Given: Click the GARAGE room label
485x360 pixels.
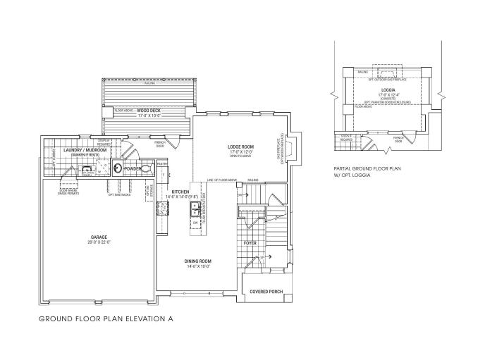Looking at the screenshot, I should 99,237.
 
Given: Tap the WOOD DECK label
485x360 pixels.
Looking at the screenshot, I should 149,111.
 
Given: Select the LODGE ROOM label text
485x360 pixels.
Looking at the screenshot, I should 240,147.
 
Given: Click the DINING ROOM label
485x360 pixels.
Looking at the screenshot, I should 198,261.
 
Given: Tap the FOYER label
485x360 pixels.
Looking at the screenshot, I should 250,242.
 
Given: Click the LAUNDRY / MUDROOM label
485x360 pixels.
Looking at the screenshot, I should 79,149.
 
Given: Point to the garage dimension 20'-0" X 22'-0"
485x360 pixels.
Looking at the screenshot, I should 99,242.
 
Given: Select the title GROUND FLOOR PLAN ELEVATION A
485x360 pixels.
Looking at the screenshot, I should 106,319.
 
